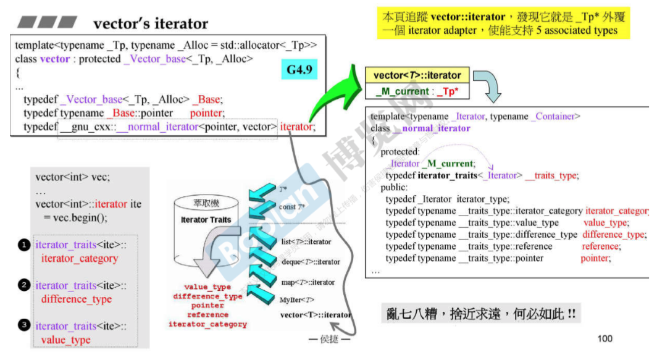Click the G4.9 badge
[301, 70]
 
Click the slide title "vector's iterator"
[150, 24]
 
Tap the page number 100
[605, 338]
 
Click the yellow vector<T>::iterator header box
[417, 75]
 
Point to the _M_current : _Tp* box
[417, 91]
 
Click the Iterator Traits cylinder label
[206, 220]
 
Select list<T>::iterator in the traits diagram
[306, 241]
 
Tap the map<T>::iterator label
[307, 282]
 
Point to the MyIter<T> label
[297, 300]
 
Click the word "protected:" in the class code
[400, 152]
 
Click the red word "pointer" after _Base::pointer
[207, 113]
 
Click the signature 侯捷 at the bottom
[328, 339]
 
